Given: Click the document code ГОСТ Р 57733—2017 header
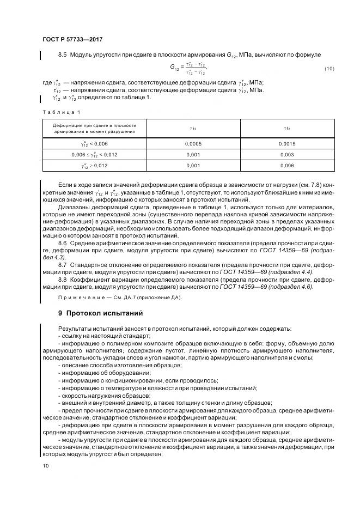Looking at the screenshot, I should pos(72,40).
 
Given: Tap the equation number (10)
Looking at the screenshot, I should pos(330,68).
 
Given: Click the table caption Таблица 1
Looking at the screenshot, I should pos(61,112).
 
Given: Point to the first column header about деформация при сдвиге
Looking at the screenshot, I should pos(94,128).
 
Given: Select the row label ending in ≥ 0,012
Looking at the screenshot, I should pos(94,166).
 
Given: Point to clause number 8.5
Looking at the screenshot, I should pos(62,55).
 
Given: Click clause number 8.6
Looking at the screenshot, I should pos(62,242).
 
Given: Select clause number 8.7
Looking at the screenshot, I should pos(62,264).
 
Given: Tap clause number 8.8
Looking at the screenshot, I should pos(62,279).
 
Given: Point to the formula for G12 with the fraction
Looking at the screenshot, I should pos(188,68).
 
